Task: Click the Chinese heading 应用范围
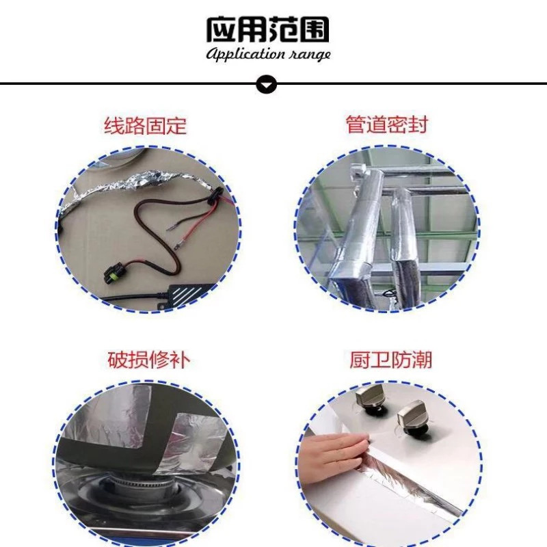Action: click(x=268, y=29)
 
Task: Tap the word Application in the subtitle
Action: click(x=245, y=54)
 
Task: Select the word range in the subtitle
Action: click(x=309, y=54)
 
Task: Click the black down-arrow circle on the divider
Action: click(x=267, y=84)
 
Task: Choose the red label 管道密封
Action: click(x=388, y=126)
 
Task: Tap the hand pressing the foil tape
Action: click(x=328, y=455)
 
